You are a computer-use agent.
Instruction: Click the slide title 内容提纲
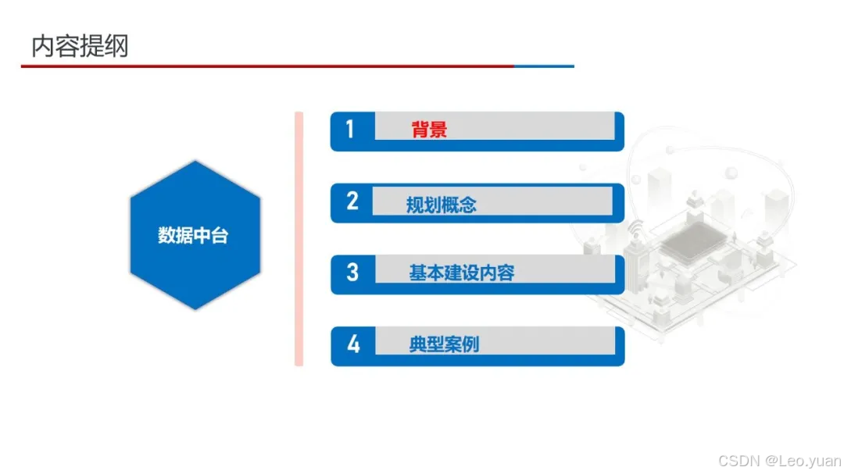coord(80,47)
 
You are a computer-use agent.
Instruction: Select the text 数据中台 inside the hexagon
coord(193,236)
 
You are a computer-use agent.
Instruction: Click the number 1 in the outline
coord(350,130)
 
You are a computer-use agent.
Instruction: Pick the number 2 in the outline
coord(352,201)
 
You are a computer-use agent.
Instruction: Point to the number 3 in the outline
coord(352,273)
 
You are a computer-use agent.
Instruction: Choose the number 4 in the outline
coord(353,344)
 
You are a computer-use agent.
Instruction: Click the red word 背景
coord(429,130)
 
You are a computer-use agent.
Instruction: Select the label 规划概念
coord(441,205)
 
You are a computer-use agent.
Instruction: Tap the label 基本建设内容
coord(461,273)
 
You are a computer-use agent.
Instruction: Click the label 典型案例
coord(443,344)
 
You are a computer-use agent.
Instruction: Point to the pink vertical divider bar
coord(299,239)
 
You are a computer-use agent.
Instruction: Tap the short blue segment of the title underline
coord(544,66)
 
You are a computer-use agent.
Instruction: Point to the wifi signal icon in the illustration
coord(637,228)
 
